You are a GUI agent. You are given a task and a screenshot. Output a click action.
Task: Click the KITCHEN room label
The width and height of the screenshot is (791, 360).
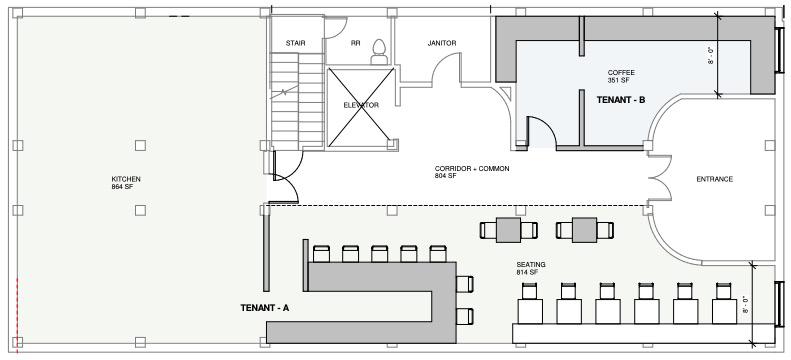(x=126, y=183)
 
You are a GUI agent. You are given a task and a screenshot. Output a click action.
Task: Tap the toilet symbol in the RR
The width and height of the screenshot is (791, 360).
(x=379, y=52)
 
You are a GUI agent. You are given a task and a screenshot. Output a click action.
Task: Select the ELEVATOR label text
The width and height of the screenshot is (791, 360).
(x=361, y=105)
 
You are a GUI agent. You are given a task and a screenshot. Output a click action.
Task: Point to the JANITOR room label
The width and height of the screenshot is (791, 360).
(x=442, y=43)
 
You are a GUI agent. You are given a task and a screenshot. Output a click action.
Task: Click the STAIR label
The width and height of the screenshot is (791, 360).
(x=295, y=43)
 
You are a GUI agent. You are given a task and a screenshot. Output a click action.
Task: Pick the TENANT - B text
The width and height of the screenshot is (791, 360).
(x=620, y=100)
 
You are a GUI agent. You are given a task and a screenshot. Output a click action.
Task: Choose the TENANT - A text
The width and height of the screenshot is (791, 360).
(x=265, y=308)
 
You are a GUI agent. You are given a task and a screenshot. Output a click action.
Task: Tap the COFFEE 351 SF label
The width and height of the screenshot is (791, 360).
(x=620, y=76)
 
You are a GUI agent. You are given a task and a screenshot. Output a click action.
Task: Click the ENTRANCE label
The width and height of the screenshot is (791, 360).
(x=714, y=179)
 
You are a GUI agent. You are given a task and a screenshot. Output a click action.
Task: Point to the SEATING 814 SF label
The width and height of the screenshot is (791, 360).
(x=531, y=268)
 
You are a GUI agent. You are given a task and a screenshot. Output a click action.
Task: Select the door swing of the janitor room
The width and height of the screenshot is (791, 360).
(x=446, y=69)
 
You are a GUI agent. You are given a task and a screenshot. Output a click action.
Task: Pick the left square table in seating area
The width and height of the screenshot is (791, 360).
(x=508, y=230)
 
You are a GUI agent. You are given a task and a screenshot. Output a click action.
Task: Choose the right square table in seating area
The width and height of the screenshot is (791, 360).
(x=585, y=230)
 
